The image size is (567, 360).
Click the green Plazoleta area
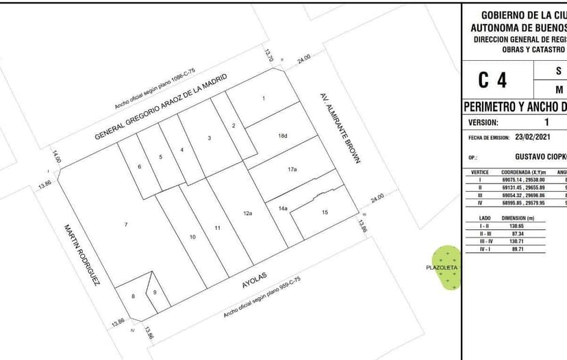pos(449,268)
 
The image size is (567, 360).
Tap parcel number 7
pos(126,224)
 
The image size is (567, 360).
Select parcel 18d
pos(282,136)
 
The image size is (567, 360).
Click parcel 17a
pos(292,168)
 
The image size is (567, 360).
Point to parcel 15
pos(325,213)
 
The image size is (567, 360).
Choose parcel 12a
pos(248,214)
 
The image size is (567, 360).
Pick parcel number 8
pos(133,296)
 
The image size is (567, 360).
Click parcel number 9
pos(155,293)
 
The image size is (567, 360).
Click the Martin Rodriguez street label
pos(82,254)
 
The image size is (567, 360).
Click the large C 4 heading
pos(492,80)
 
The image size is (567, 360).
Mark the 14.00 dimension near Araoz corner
pos(56,157)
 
